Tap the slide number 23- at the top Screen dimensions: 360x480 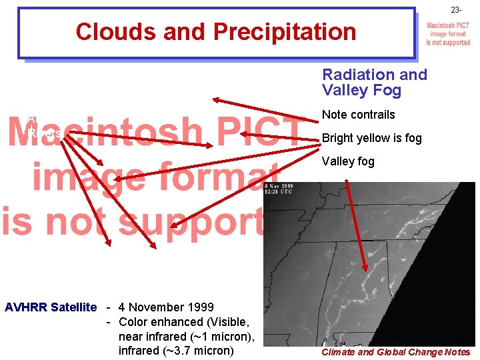pyautogui.click(x=455, y=10)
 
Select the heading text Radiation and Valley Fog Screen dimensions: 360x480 pyautogui.click(x=374, y=82)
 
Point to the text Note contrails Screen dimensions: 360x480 pyautogui.click(x=358, y=115)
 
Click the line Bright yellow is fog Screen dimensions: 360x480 pyautogui.click(x=371, y=138)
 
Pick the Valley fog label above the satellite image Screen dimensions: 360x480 pyautogui.click(x=348, y=161)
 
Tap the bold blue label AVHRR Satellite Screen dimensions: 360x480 pyautogui.click(x=51, y=307)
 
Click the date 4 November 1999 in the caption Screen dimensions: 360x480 pyautogui.click(x=166, y=307)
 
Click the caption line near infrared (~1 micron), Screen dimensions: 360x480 pyautogui.click(x=187, y=337)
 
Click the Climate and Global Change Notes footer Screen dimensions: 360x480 pyautogui.click(x=395, y=352)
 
